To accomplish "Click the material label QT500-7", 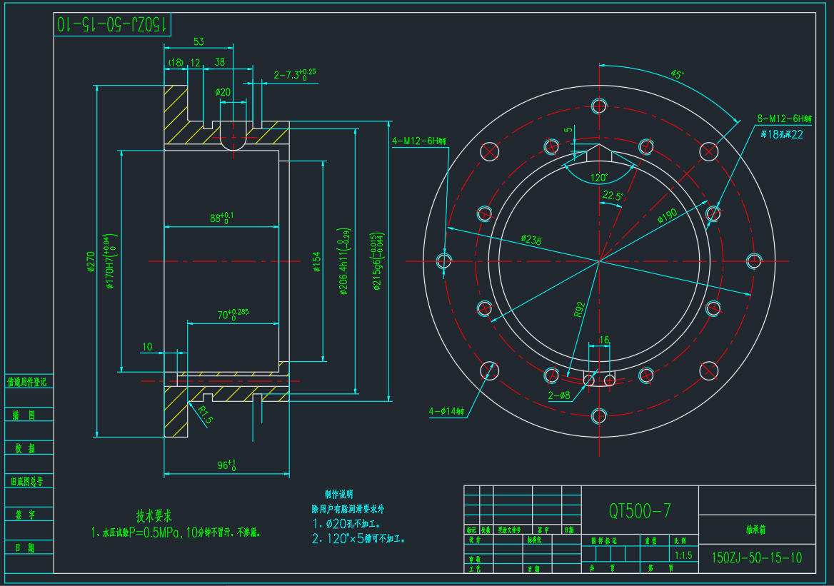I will (x=639, y=510).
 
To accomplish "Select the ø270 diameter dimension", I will (x=91, y=262).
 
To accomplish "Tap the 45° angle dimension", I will (x=676, y=74).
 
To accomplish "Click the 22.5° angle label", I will (x=613, y=196).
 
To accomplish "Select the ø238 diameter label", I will (x=531, y=240).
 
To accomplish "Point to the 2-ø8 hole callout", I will (x=559, y=395).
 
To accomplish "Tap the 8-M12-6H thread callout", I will (x=785, y=118).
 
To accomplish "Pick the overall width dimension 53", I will (x=199, y=41).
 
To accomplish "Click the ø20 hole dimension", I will (x=223, y=92).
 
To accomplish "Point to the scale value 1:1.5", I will (x=683, y=555).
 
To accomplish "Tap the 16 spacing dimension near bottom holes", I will (x=604, y=340).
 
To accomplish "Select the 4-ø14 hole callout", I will (x=446, y=411).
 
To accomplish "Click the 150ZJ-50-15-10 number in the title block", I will (x=757, y=557).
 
